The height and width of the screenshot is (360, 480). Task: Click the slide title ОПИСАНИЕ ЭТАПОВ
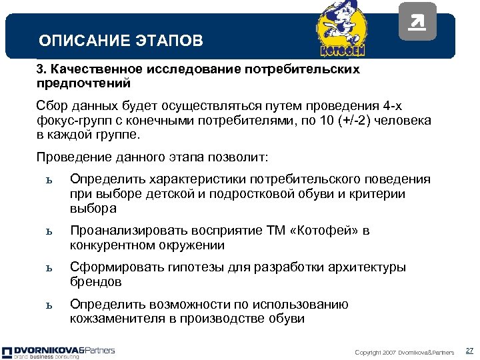121,41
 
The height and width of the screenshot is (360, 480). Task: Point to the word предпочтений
84,84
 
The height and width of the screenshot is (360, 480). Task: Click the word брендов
96,282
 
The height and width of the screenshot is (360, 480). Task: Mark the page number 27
469,351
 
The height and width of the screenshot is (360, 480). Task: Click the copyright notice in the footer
405,352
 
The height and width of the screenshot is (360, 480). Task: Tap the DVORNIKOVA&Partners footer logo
59,351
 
